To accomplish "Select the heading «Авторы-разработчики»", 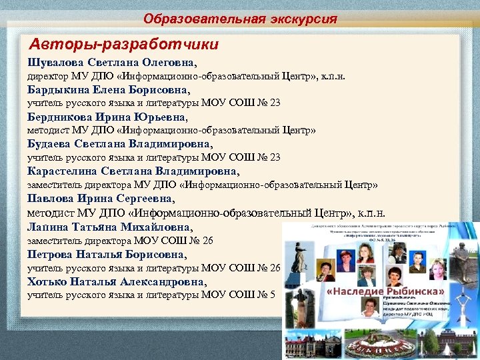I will [x=124, y=45].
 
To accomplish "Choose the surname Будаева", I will [x=49, y=143].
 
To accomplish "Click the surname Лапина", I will [x=47, y=227].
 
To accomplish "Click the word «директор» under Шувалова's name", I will [x=48, y=77].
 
